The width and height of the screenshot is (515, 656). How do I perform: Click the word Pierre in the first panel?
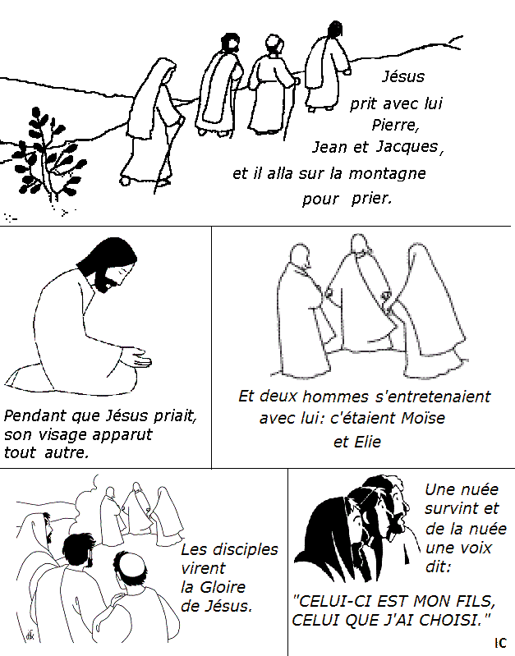point(395,126)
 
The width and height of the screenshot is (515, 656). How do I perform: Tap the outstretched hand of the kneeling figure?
point(136,359)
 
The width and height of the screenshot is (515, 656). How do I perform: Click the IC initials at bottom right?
point(501,642)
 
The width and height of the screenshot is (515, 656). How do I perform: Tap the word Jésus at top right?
point(403,77)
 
